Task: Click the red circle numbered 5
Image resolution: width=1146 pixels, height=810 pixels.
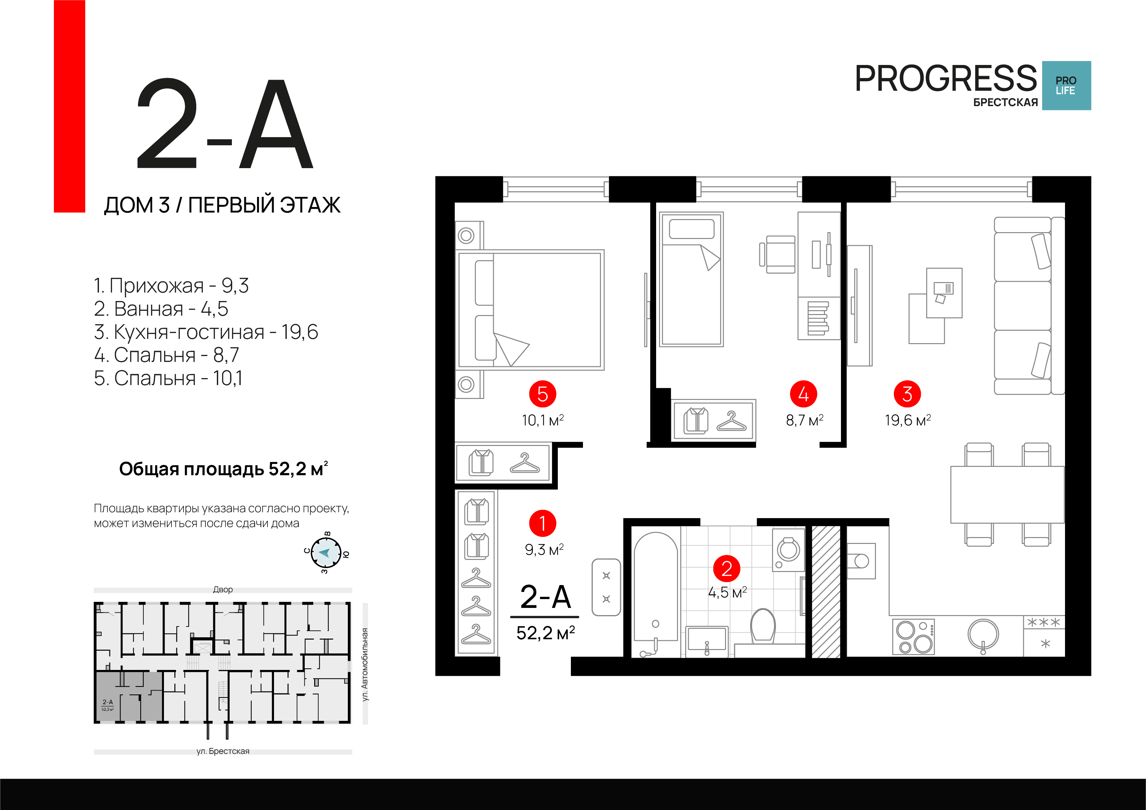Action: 542,394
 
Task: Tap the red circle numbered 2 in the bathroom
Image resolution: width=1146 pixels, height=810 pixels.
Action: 727,568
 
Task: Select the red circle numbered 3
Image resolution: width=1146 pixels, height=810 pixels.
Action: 907,394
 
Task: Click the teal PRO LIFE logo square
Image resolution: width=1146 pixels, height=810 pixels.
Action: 1066,85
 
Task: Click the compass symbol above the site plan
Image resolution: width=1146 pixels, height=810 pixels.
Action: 326,552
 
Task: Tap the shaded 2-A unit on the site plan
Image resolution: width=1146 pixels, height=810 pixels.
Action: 129,696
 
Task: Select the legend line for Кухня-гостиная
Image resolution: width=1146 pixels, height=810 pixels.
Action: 206,332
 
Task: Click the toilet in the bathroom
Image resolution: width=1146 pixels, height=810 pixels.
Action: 763,625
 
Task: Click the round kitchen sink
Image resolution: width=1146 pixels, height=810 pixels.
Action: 983,635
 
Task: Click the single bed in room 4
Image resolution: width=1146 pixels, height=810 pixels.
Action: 691,279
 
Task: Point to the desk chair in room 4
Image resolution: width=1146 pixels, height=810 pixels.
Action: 778,255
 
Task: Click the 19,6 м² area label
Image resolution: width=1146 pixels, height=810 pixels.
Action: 907,420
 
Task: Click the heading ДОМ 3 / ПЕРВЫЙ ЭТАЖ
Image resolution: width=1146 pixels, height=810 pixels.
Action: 222,205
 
